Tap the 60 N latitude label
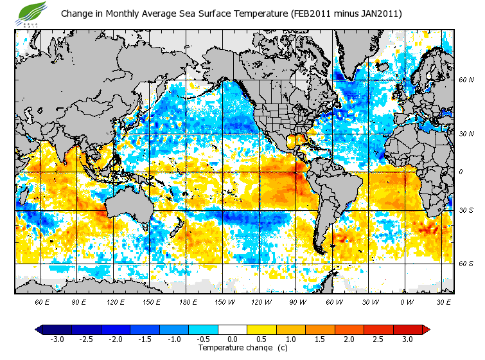click(x=465, y=80)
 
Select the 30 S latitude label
click(x=465, y=210)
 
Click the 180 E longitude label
click(x=188, y=301)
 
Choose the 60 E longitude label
click(x=42, y=301)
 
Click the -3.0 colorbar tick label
click(x=57, y=339)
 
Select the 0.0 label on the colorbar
click(x=233, y=339)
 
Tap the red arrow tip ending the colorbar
click(x=426, y=329)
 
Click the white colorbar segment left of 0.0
click(x=218, y=329)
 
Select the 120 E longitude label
click(x=115, y=301)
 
